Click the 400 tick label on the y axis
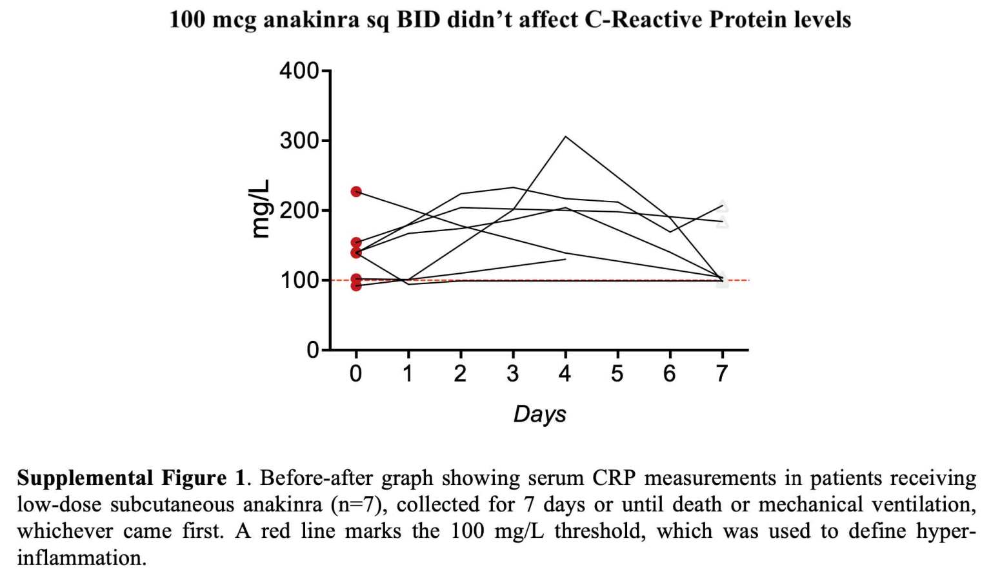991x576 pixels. pyautogui.click(x=299, y=70)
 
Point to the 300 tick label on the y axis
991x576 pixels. pyautogui.click(x=299, y=140)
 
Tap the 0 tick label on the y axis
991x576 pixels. pyautogui.click(x=313, y=350)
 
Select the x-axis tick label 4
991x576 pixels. pyautogui.click(x=565, y=373)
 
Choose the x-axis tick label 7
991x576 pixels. pyautogui.click(x=722, y=373)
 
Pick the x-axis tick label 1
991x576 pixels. pyautogui.click(x=408, y=373)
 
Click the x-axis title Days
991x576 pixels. pyautogui.click(x=539, y=414)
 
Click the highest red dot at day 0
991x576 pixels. pyautogui.click(x=356, y=192)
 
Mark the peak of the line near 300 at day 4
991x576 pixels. pyautogui.click(x=565, y=137)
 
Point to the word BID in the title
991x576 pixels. pyautogui.click(x=419, y=20)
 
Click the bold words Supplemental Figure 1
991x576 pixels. pyautogui.click(x=132, y=478)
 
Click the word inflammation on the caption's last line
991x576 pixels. pyautogui.click(x=81, y=557)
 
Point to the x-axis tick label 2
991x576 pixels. pyautogui.click(x=460, y=373)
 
